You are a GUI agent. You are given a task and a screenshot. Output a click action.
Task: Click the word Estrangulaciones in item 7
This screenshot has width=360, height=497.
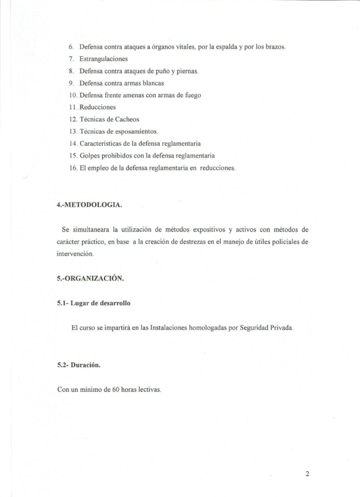[104, 59]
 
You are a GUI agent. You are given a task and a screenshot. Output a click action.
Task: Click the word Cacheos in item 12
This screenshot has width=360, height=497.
[127, 119]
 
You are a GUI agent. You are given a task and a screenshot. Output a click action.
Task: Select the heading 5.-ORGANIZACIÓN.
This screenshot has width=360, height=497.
[90, 279]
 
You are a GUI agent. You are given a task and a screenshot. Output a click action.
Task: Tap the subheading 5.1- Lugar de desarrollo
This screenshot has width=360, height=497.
[93, 303]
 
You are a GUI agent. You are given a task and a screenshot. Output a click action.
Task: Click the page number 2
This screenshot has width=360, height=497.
[307, 474]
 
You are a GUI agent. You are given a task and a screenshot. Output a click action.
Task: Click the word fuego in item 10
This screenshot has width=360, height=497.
[192, 95]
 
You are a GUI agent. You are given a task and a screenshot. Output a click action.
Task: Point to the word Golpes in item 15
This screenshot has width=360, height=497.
[89, 156]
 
